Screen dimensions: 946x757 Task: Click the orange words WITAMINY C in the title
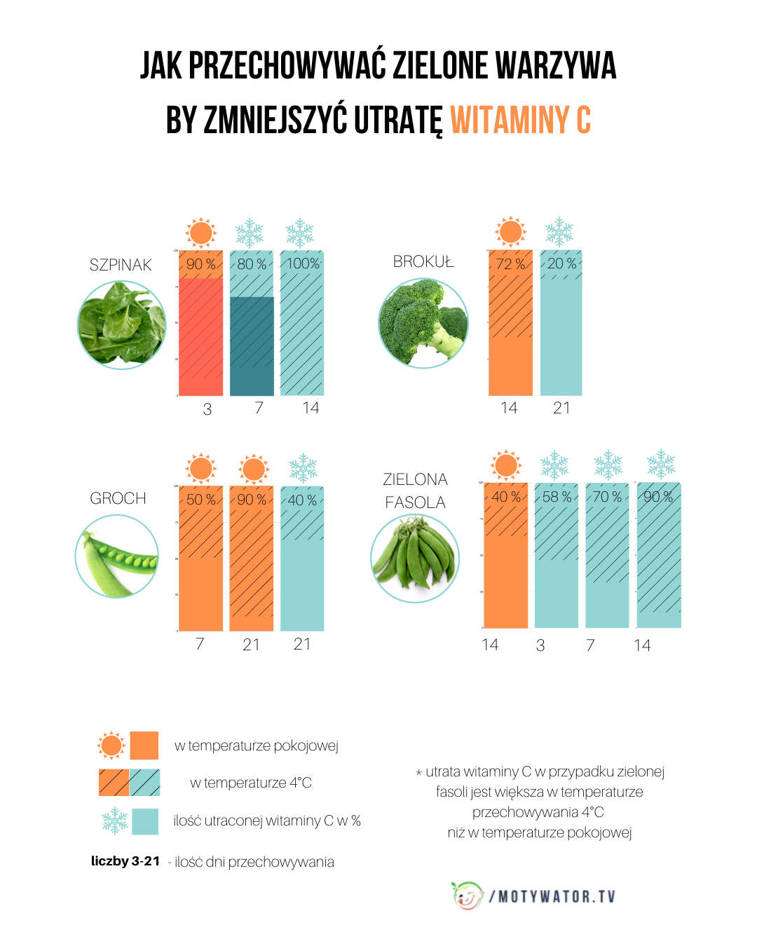[x=520, y=120]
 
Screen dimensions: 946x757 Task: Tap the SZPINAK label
[x=121, y=265]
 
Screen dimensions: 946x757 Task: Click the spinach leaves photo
[x=121, y=325]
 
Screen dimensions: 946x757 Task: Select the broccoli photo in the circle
[x=423, y=323]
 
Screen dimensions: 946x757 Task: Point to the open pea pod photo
[x=116, y=556]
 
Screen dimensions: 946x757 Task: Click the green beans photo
[x=414, y=558]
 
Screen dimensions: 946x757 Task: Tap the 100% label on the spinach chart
[x=303, y=263]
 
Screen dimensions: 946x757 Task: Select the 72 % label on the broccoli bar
[x=510, y=264]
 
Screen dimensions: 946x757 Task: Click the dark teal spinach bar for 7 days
[x=252, y=346]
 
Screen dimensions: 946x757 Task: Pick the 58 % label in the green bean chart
[x=557, y=497]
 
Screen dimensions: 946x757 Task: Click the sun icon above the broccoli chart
[x=510, y=231]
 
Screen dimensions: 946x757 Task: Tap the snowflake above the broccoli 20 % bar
[x=559, y=232]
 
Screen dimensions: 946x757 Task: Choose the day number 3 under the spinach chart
[x=207, y=409]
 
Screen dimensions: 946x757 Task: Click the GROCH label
[x=118, y=498]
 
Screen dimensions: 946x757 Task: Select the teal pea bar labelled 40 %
[x=302, y=561]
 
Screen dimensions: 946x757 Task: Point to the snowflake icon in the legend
[x=115, y=821]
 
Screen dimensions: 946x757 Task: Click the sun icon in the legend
[x=111, y=746]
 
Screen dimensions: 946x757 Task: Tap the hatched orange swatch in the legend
[x=114, y=783]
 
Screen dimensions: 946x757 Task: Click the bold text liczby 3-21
[x=125, y=861]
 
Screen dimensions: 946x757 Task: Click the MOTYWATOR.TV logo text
[x=554, y=897]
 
